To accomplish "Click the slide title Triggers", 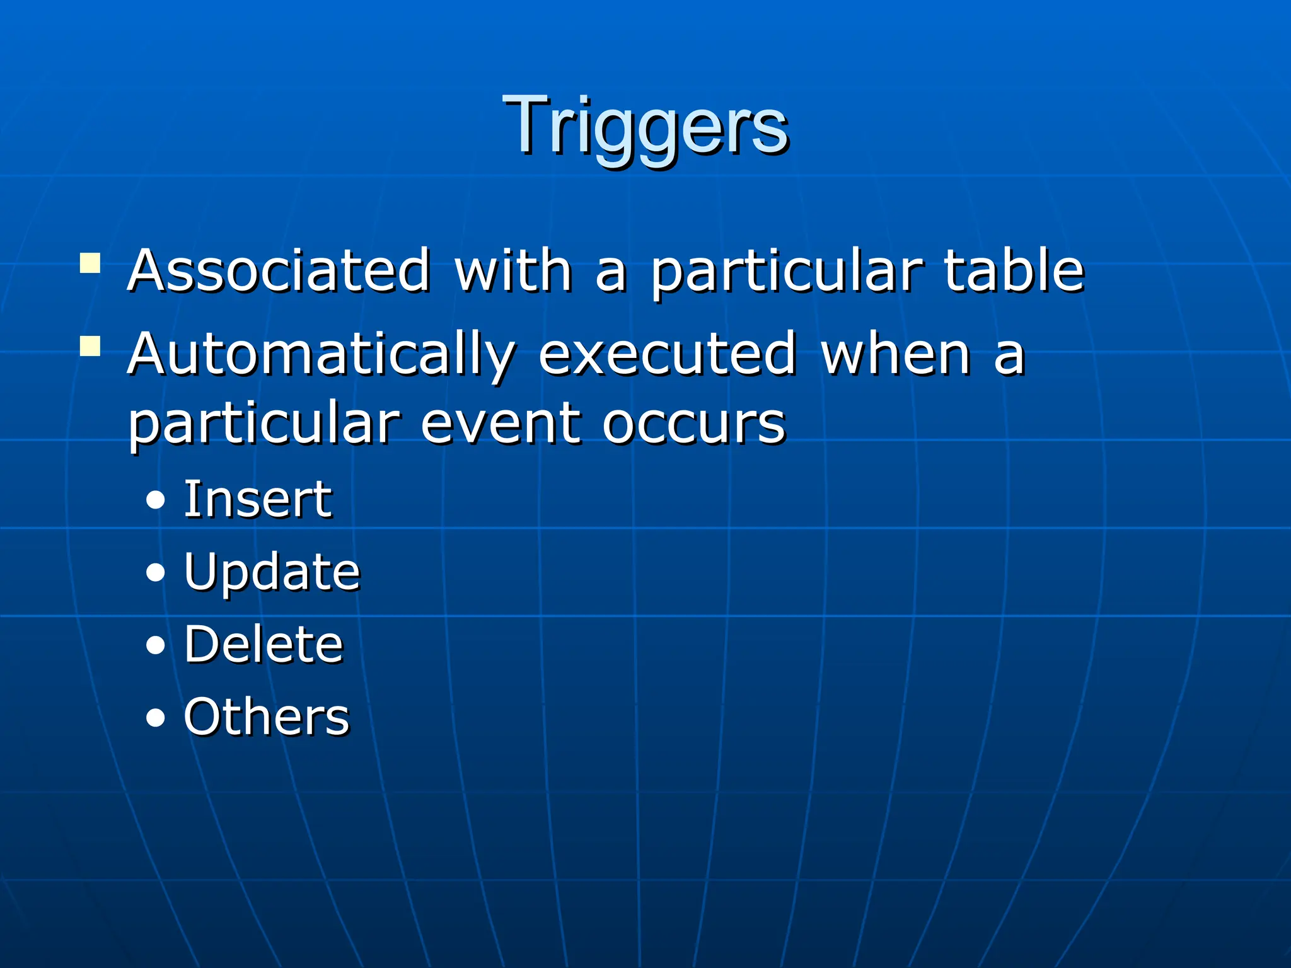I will pos(645,126).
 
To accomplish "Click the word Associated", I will pos(279,271).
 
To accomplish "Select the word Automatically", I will pos(321,355).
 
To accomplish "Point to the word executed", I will pos(668,355).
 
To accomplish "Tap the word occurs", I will pos(693,423).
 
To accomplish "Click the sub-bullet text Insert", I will pos(257,500).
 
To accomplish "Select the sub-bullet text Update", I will pos(272,572).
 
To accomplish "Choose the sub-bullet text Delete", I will pos(263,645).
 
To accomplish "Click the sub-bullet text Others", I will pos(266,717).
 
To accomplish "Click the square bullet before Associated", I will pos(90,263).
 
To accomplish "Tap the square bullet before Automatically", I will pos(90,346).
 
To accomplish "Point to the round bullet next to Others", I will pos(155,718).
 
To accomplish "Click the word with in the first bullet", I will pos(513,271).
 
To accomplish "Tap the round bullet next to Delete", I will pos(155,645).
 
